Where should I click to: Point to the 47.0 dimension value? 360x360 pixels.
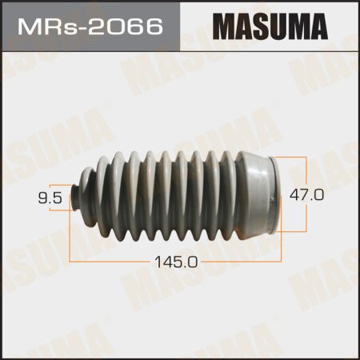pos(329,194)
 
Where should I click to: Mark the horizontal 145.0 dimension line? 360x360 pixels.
pos(120,261)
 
